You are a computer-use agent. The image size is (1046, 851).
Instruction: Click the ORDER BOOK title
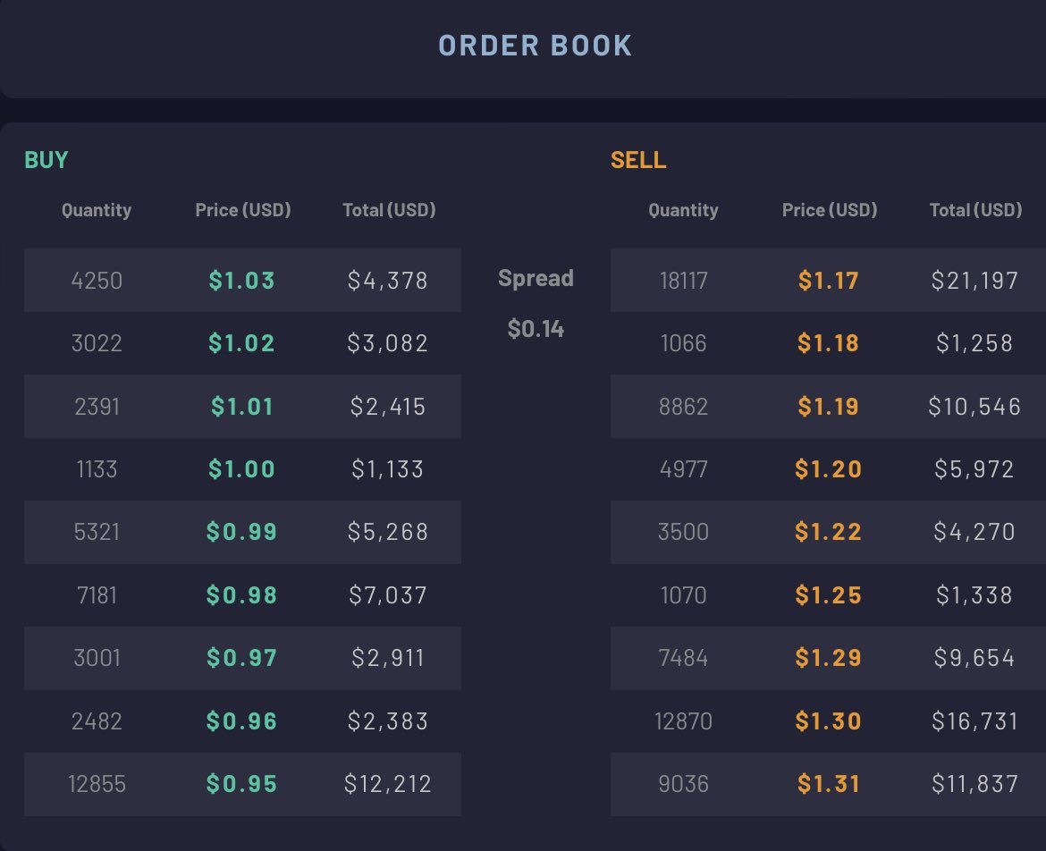pyautogui.click(x=535, y=46)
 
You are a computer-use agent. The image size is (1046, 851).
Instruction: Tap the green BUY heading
pyautogui.click(x=46, y=160)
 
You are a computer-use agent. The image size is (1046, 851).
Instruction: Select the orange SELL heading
pyautogui.click(x=638, y=160)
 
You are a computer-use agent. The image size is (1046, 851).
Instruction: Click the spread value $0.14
pyautogui.click(x=536, y=329)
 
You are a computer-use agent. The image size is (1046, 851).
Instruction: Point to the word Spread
pyautogui.click(x=536, y=278)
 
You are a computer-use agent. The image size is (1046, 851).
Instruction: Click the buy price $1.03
pyautogui.click(x=241, y=280)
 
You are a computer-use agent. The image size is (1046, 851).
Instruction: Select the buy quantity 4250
pyautogui.click(x=97, y=280)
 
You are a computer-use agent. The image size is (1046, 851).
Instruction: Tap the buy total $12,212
pyautogui.click(x=388, y=784)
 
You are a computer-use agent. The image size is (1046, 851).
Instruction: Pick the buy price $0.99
pyautogui.click(x=241, y=532)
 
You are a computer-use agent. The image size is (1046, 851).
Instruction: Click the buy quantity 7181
pyautogui.click(x=97, y=595)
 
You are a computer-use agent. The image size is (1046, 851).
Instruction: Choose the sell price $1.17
pyautogui.click(x=828, y=280)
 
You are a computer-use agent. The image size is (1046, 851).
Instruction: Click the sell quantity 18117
pyautogui.click(x=683, y=280)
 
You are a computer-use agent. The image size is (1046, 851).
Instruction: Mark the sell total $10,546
pyautogui.click(x=974, y=406)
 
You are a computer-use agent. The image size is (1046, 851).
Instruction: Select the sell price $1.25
pyautogui.click(x=828, y=595)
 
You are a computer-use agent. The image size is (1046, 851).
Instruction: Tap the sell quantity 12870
pyautogui.click(x=683, y=721)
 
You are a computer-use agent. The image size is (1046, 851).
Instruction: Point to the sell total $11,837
pyautogui.click(x=974, y=784)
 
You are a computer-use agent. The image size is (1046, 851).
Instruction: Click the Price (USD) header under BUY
pyautogui.click(x=243, y=210)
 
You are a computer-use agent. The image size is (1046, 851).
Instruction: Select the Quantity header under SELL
pyautogui.click(x=683, y=211)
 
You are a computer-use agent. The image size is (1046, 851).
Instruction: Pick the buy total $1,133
pyautogui.click(x=388, y=468)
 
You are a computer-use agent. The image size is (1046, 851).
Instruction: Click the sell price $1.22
pyautogui.click(x=828, y=532)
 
